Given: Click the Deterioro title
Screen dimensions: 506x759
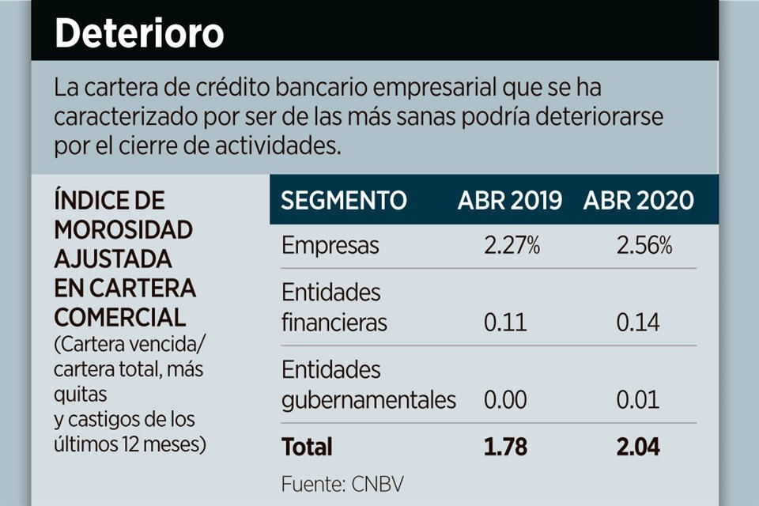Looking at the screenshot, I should point(139,34).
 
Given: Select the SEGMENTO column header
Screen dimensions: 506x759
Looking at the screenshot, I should point(344,201).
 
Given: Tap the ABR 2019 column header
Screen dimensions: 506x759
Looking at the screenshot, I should point(510,201).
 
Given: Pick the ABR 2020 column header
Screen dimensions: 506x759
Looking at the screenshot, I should point(639,201).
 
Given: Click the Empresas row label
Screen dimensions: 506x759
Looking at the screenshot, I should point(330,246).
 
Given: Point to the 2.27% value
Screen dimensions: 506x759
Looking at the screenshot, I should point(512,246).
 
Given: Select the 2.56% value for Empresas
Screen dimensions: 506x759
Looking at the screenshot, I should point(644,246).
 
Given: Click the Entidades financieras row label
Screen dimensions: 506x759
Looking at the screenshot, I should point(334,308).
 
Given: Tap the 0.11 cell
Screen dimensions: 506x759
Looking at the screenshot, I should point(506,323).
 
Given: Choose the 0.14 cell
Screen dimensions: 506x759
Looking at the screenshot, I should point(638,323).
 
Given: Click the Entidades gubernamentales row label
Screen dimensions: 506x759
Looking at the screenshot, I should point(368,385).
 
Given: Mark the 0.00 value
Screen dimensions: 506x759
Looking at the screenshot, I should point(505,400).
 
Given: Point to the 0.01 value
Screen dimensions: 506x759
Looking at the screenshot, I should point(638,400).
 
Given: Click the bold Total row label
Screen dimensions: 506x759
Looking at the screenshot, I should point(307,447).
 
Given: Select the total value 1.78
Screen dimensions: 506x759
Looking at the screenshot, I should point(506,447).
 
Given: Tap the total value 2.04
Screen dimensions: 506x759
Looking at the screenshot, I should point(638,447).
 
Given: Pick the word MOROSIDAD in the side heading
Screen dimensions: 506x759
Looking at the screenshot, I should point(123,230).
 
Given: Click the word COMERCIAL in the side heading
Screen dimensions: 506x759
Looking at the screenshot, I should point(120,317).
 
